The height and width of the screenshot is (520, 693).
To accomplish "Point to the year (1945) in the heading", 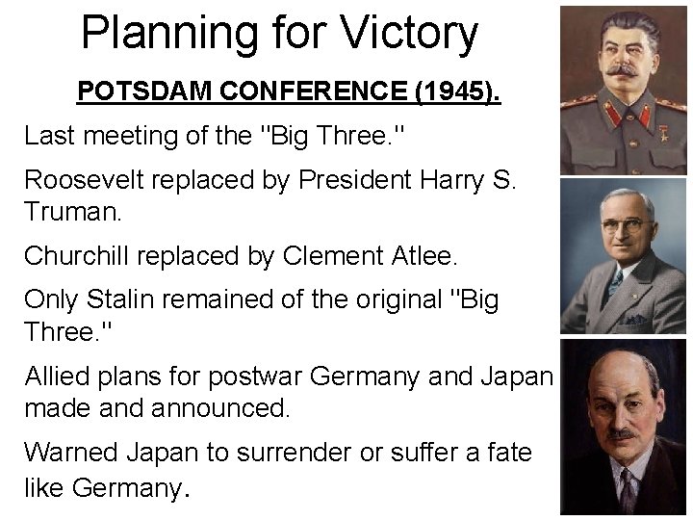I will coord(461,92).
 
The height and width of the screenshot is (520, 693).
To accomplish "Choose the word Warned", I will coord(68,452).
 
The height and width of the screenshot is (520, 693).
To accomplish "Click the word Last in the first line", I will coord(47,136).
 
